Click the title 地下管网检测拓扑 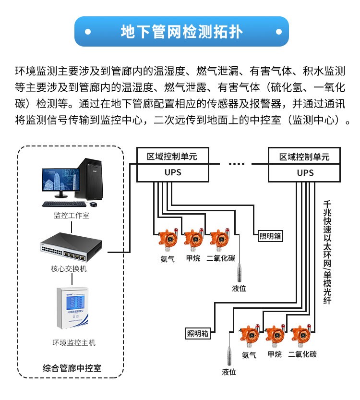[181, 32]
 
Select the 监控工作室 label [71, 216]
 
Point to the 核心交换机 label [69, 269]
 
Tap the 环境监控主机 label [73, 342]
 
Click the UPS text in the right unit [305, 173]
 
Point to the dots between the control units [236, 164]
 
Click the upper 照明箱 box [270, 236]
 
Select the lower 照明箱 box [198, 333]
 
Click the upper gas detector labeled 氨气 [168, 240]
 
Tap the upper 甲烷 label [192, 258]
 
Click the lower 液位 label [229, 372]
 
